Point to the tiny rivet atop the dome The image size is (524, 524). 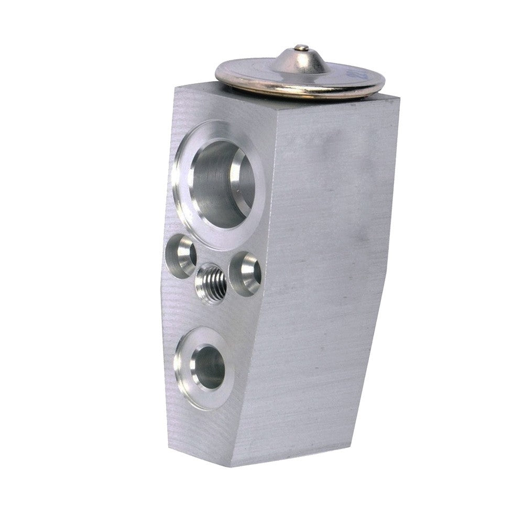301,49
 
